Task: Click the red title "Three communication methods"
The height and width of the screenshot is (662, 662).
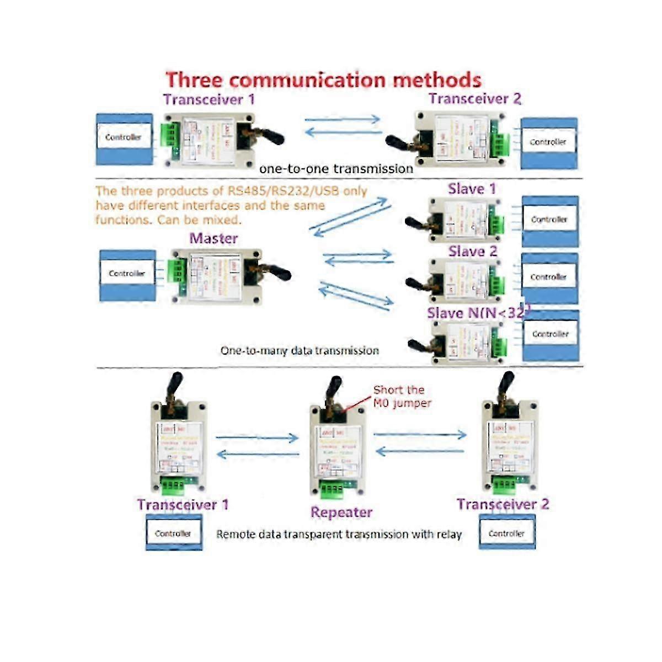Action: [x=323, y=80]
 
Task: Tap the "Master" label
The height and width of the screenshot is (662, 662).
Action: [x=213, y=238]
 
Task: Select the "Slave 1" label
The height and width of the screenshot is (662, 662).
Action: [x=472, y=189]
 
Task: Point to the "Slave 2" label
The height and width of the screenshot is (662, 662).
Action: [x=472, y=252]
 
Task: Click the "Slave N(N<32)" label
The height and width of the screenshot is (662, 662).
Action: [x=478, y=313]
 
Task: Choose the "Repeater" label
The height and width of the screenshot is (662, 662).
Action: [x=341, y=512]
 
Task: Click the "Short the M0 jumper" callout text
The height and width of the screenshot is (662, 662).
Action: [x=402, y=397]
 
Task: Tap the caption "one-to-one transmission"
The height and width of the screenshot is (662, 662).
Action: [x=336, y=169]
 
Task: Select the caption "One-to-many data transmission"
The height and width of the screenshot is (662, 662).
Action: [x=300, y=350]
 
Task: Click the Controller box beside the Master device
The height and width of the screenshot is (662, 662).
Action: [x=127, y=274]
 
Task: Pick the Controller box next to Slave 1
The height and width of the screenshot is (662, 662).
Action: [x=549, y=220]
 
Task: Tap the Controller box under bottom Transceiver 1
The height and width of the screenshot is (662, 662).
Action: [x=173, y=533]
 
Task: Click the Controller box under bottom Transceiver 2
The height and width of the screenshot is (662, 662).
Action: [x=506, y=533]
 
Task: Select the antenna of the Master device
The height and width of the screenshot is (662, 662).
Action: [x=276, y=272]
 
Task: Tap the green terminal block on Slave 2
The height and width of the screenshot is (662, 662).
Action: [x=496, y=285]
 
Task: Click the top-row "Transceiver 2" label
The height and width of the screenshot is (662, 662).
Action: [x=474, y=99]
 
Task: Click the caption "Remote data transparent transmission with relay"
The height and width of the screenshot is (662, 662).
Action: [x=339, y=534]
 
